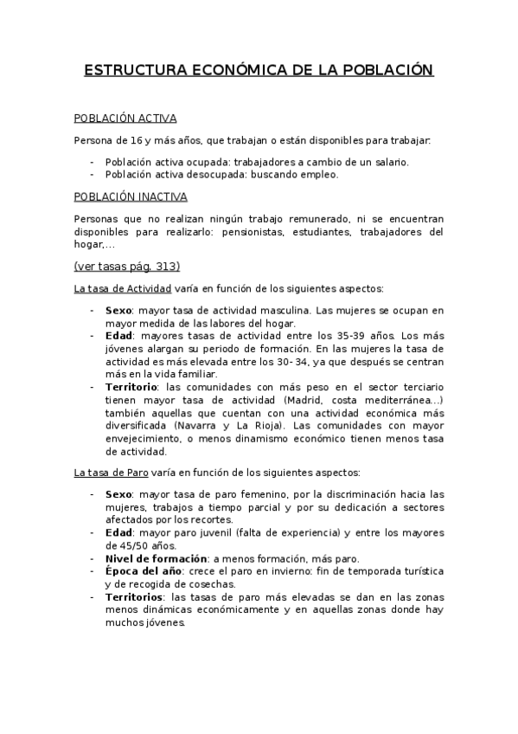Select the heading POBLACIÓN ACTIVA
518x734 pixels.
click(x=125, y=119)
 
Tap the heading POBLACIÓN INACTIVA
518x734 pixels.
click(x=131, y=196)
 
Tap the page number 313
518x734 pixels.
click(x=168, y=266)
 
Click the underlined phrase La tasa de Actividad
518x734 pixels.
click(x=123, y=287)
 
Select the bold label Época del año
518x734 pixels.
click(x=144, y=572)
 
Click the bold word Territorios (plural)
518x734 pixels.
click(x=136, y=598)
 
